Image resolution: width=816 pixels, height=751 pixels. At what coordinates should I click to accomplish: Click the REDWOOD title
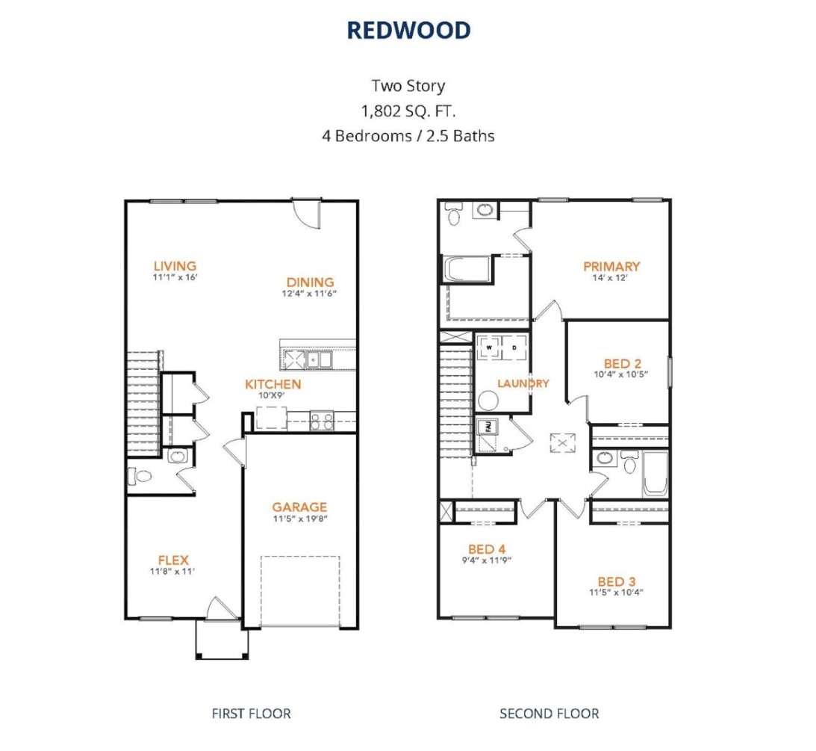[408, 30]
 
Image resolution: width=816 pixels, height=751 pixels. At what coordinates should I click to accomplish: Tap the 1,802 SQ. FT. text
[408, 111]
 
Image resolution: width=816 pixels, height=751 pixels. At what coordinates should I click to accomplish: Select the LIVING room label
[175, 265]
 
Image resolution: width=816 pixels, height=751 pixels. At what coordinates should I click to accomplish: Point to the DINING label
[310, 282]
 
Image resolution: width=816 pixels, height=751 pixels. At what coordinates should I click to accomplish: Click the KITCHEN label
[273, 384]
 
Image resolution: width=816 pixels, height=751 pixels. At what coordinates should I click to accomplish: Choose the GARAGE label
[299, 507]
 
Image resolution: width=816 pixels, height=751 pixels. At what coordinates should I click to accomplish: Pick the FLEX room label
[172, 560]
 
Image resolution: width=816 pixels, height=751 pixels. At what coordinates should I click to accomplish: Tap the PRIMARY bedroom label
[611, 266]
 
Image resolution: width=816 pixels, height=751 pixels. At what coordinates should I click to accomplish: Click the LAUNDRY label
[523, 383]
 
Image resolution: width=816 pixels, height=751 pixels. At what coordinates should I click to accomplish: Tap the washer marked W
[490, 347]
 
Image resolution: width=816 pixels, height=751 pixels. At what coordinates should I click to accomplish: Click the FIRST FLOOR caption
[251, 713]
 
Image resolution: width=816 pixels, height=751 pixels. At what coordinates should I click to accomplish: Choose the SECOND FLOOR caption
[549, 713]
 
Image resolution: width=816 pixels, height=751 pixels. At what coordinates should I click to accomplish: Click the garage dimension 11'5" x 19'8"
[299, 518]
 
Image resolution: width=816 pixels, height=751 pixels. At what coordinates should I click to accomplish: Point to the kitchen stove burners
[322, 421]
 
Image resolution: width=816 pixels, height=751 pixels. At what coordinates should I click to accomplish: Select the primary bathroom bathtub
[467, 270]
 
